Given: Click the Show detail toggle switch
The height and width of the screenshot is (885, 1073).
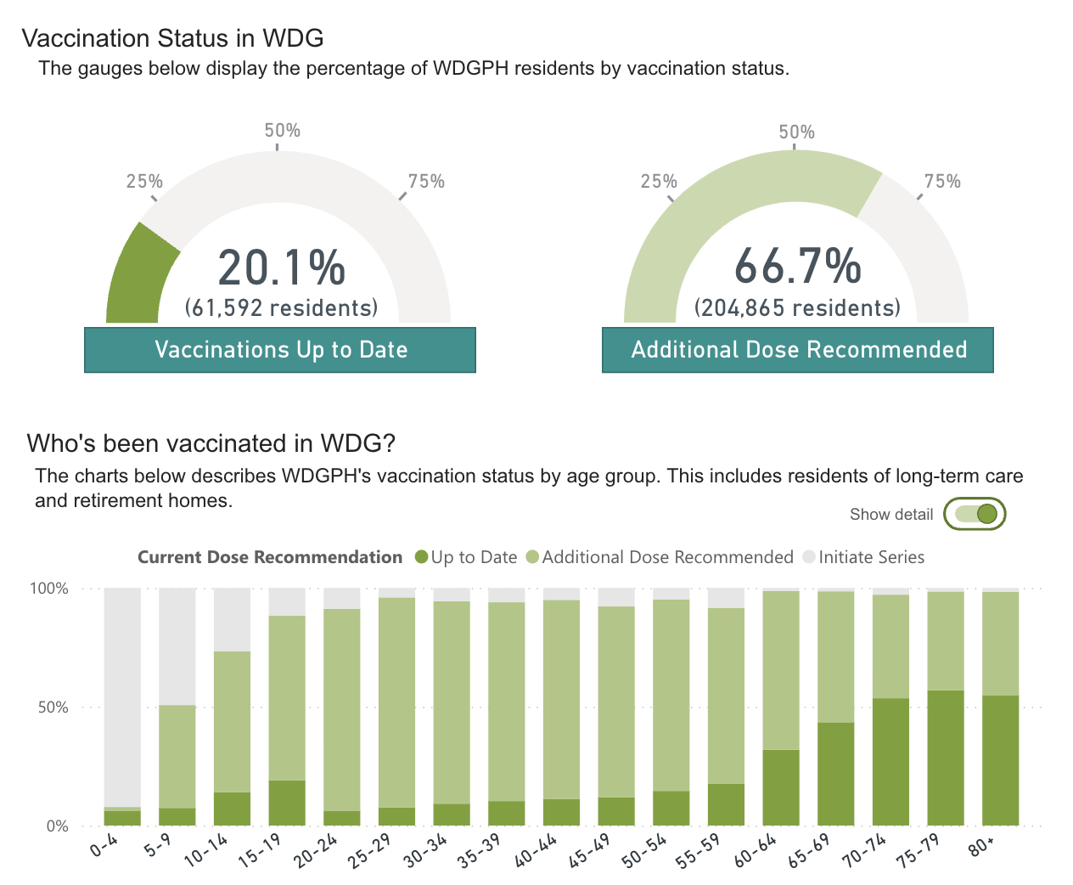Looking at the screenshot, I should pyautogui.click(x=975, y=514).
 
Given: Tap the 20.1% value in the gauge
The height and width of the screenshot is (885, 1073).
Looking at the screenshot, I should pyautogui.click(x=282, y=268).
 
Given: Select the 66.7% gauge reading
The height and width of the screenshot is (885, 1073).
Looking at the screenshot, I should pyautogui.click(x=797, y=266).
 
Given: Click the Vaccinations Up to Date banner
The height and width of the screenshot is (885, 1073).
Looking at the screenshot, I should pyautogui.click(x=280, y=350).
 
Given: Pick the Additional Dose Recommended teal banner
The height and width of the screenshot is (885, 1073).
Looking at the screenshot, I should pyautogui.click(x=798, y=350).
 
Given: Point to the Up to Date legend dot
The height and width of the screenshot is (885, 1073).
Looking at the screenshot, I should pyautogui.click(x=421, y=557).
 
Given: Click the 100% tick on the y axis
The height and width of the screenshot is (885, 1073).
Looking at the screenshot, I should pyautogui.click(x=49, y=589).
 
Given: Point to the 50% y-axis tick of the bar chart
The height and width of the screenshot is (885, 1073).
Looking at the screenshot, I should pyautogui.click(x=53, y=707).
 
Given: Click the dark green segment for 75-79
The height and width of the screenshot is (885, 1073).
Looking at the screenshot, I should pyautogui.click(x=946, y=758).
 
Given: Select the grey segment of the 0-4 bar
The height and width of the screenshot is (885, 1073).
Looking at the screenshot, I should pyautogui.click(x=122, y=696).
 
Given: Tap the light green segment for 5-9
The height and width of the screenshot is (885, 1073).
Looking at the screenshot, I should pyautogui.click(x=177, y=756).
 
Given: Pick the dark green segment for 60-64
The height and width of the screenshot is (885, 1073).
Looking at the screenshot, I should pyautogui.click(x=781, y=787).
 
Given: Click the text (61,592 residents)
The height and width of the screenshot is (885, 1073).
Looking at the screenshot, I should pyautogui.click(x=281, y=307).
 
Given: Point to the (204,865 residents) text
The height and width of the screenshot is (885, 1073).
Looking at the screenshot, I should pyautogui.click(x=797, y=307).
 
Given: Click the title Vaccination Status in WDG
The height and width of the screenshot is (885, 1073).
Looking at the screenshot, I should pyautogui.click(x=172, y=38).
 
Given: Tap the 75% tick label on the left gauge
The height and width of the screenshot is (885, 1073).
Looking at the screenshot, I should pyautogui.click(x=426, y=181).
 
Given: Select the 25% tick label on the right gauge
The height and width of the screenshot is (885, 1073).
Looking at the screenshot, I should pyautogui.click(x=659, y=181).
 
